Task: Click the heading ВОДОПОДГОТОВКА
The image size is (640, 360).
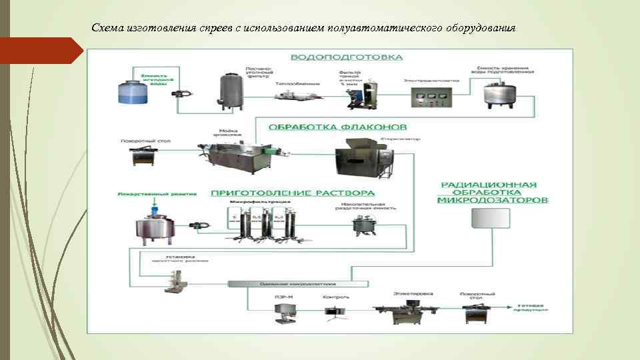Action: (346, 57)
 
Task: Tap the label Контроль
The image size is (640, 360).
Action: (335, 297)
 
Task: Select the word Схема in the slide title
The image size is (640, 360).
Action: (103, 28)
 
